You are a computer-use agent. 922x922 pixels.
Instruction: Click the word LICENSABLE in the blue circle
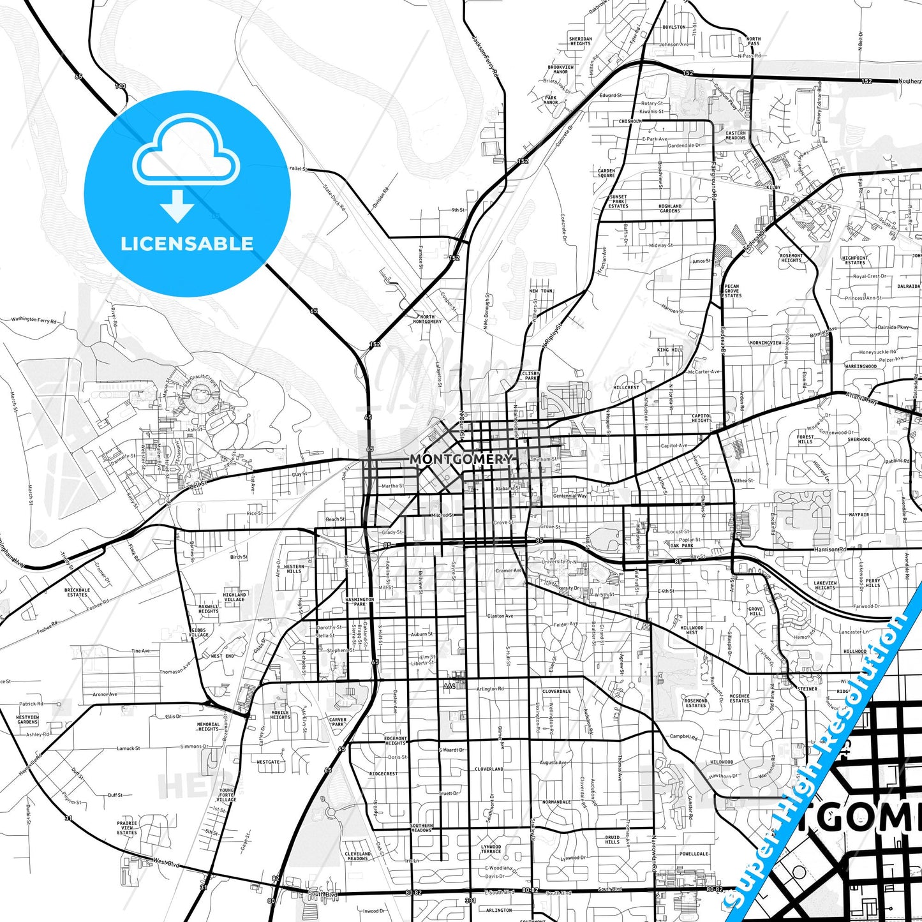click(187, 243)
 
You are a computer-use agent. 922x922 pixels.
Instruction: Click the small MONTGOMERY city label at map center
click(461, 459)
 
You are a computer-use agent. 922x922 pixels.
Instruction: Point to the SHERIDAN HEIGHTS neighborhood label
click(580, 41)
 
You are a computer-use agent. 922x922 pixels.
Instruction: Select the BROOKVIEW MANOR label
click(561, 69)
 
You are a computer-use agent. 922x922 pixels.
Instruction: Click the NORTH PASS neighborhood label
click(754, 41)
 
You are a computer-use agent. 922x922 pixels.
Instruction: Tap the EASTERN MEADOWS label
click(736, 135)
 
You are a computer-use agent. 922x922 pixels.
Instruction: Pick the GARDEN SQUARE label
click(606, 173)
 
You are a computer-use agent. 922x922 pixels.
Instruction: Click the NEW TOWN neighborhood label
click(541, 291)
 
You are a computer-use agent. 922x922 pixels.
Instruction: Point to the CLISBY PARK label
click(531, 376)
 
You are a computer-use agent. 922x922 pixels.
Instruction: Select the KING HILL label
click(670, 350)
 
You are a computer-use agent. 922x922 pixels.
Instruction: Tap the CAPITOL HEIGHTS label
click(702, 418)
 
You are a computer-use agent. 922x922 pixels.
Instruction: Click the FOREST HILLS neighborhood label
click(805, 439)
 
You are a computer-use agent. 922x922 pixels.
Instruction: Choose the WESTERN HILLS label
click(294, 569)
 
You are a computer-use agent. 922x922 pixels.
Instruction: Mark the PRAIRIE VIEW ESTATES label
click(127, 828)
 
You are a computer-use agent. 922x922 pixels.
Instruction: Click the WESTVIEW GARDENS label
click(27, 719)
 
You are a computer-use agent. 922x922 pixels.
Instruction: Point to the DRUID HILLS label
click(613, 840)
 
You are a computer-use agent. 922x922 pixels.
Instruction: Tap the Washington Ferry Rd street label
click(34, 319)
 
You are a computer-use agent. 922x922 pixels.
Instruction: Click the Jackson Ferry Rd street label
click(485, 56)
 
